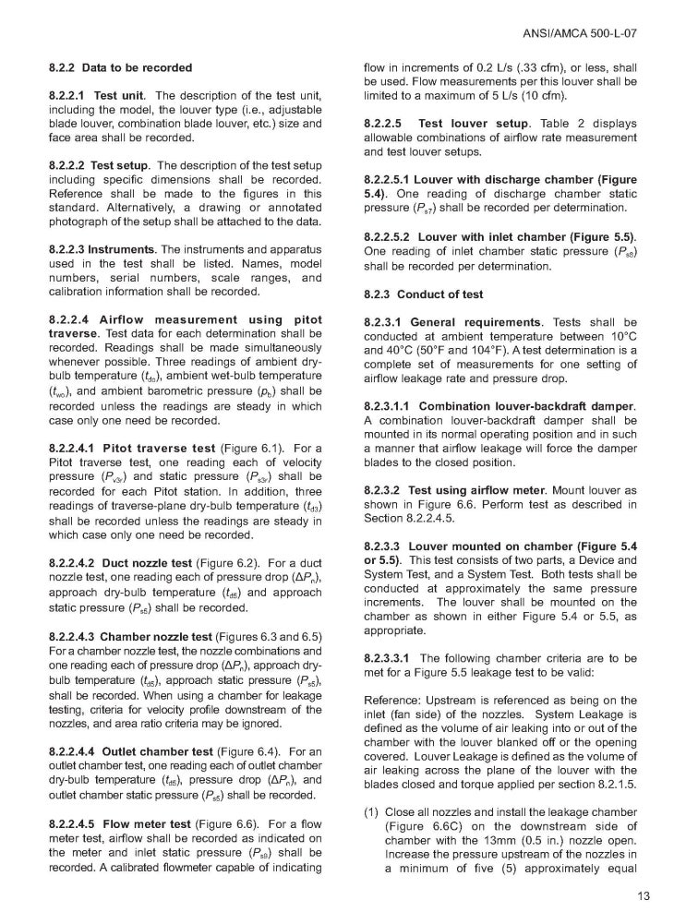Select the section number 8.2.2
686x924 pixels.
[x=63, y=68]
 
